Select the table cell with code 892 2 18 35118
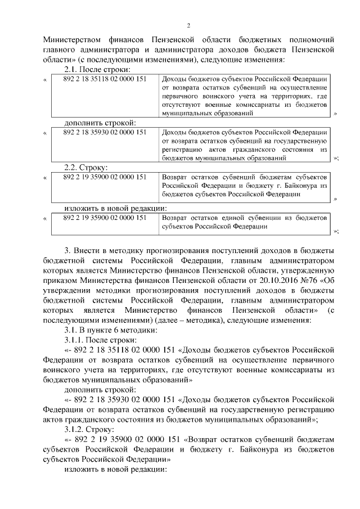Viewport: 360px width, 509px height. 105,79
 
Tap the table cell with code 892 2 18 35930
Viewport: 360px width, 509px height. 105,132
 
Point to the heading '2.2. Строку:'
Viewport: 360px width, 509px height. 85,167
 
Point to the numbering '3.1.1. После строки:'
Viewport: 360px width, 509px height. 101,340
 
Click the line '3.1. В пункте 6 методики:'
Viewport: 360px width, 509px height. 106,330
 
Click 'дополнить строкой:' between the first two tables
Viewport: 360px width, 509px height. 100,123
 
